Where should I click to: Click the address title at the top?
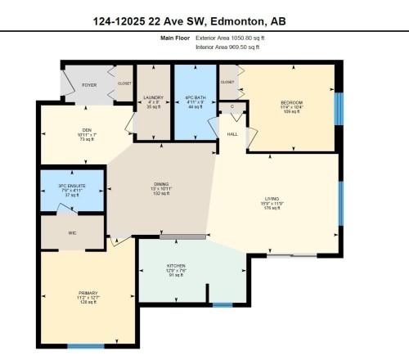click(204, 20)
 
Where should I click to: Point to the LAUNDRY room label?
click(154, 97)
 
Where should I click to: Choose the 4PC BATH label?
click(194, 97)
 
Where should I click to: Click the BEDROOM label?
click(291, 102)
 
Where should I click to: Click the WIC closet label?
click(72, 232)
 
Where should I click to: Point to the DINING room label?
click(160, 185)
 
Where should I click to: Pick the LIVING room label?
click(272, 199)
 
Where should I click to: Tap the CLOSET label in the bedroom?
click(227, 82)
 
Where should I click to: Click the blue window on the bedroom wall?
click(339, 107)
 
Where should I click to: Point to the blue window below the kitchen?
click(222, 305)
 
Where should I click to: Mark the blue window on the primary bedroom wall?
click(85, 345)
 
